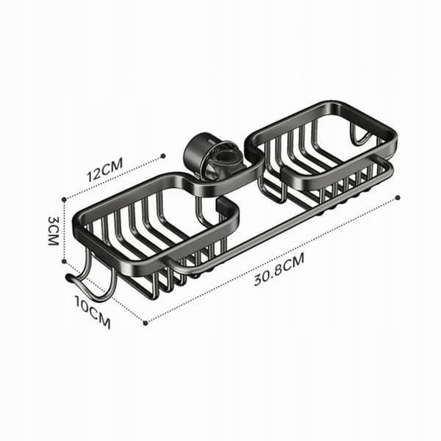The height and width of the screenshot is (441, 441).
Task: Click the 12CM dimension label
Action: [x=104, y=170]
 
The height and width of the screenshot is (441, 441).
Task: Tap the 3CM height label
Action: [x=53, y=231]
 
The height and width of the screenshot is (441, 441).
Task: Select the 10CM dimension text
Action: [x=93, y=312]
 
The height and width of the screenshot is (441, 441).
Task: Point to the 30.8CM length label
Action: [x=279, y=269]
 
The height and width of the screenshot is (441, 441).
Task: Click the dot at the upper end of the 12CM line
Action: [x=163, y=156]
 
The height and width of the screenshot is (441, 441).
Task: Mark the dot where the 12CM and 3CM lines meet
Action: [x=65, y=199]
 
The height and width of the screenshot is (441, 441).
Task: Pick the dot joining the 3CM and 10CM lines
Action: [x=64, y=261]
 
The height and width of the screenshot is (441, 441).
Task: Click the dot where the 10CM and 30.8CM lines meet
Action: [x=145, y=323]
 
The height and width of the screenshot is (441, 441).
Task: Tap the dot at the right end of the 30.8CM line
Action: [x=398, y=198]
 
